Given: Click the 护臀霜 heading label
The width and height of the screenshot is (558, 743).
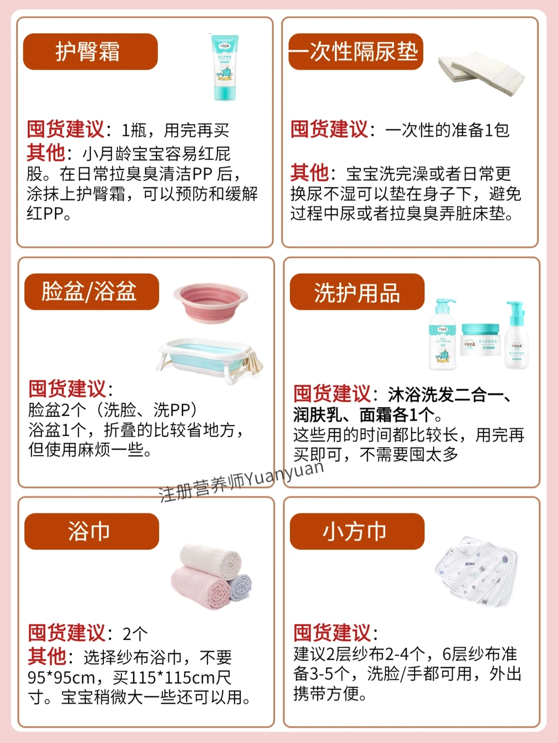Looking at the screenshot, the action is coord(90,52).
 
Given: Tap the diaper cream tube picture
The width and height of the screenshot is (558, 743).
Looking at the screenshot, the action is coord(224,67).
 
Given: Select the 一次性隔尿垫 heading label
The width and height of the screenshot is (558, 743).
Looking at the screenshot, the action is coord(355,52).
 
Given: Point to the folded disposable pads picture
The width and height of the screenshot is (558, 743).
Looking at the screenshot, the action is coord(481,73).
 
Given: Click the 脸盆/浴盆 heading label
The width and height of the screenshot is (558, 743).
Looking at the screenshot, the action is coord(91,291).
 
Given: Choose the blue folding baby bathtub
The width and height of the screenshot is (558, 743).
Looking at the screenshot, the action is coord(209,360).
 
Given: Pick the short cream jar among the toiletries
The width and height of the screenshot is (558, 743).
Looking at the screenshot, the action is coord(481,344).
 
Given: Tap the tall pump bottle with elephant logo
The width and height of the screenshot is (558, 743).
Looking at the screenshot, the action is coord(443,335).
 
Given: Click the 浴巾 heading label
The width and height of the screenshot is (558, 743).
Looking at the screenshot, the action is coord(91,531).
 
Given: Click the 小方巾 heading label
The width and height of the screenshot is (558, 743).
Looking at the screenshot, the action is coord(357,531).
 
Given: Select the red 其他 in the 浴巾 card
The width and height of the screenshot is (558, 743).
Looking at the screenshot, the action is coord(47,656).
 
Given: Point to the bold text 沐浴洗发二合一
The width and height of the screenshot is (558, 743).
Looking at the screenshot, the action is coord(443,394).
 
